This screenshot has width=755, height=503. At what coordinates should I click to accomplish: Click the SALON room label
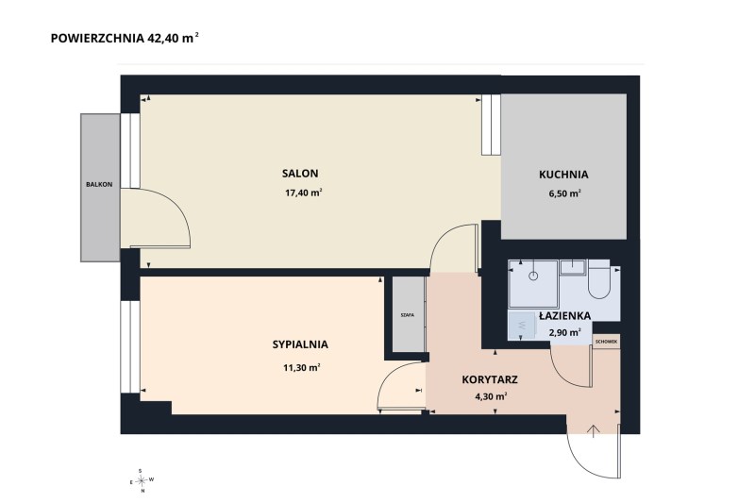pos(300,174)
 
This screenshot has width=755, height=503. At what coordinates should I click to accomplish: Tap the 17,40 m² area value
pos(303,193)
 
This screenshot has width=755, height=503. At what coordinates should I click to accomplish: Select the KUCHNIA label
pos(563,175)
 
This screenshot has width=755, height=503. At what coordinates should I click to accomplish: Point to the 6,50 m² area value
pos(564,193)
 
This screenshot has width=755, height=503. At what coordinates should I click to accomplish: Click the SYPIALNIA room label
pos(300,344)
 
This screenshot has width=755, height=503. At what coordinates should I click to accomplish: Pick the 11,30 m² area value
pos(302,368)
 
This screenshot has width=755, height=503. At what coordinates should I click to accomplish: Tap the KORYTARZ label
pos(490,379)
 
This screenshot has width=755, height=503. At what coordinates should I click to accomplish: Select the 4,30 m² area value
pos(490,397)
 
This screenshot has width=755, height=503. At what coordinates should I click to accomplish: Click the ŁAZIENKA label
pos(564,316)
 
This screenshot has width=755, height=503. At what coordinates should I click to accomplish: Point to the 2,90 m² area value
pos(564,332)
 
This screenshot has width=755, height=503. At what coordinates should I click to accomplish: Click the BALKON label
pos(99,184)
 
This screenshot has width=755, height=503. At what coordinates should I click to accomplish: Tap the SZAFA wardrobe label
pos(408,315)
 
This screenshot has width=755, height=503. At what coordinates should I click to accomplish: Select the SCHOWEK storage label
pos(606,342)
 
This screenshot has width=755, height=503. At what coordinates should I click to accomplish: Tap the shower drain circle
pos(533,276)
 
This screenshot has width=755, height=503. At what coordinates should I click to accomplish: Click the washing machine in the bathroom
pos(523,325)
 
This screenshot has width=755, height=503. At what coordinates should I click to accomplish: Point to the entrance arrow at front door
pos(593,431)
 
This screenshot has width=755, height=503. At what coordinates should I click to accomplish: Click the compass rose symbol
pos(141,480)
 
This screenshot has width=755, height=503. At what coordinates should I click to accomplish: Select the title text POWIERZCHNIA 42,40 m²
pos(125,38)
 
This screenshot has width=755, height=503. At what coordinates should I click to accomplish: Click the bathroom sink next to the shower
pos(572,267)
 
